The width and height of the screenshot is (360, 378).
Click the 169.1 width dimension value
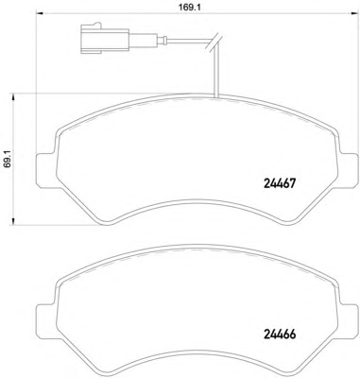pyautogui.click(x=190, y=8)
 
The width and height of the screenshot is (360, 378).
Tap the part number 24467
pyautogui.click(x=279, y=183)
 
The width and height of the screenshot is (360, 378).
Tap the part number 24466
pyautogui.click(x=280, y=335)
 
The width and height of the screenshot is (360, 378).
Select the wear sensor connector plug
pyautogui.click(x=105, y=38)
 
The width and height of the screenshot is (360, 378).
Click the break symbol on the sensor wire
pyautogui.click(x=214, y=43)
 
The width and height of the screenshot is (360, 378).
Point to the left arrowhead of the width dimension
pyautogui.click(x=40, y=13)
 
